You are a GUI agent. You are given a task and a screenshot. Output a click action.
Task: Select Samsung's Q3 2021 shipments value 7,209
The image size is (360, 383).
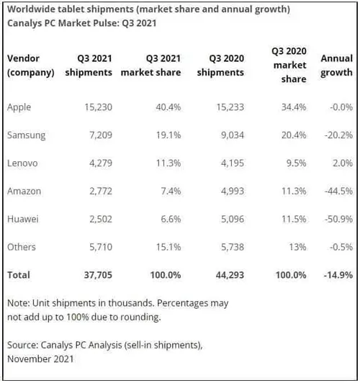pyautogui.click(x=98, y=135)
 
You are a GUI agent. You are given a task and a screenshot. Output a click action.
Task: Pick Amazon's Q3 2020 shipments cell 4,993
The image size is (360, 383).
pyautogui.click(x=228, y=190)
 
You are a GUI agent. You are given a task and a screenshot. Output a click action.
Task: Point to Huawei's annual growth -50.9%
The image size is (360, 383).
pyautogui.click(x=337, y=218)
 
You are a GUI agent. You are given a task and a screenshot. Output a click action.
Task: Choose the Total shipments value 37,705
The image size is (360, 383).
pyautogui.click(x=96, y=274)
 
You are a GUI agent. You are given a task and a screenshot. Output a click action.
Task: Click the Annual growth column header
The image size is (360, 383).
pyautogui.click(x=336, y=65)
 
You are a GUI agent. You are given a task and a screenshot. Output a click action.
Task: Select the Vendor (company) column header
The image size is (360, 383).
pyautogui.click(x=30, y=65)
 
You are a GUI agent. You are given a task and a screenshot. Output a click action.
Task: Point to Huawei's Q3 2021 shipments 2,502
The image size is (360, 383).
pyautogui.click(x=98, y=218)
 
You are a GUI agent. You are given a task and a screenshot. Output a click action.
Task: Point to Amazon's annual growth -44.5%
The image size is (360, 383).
pyautogui.click(x=337, y=190)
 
